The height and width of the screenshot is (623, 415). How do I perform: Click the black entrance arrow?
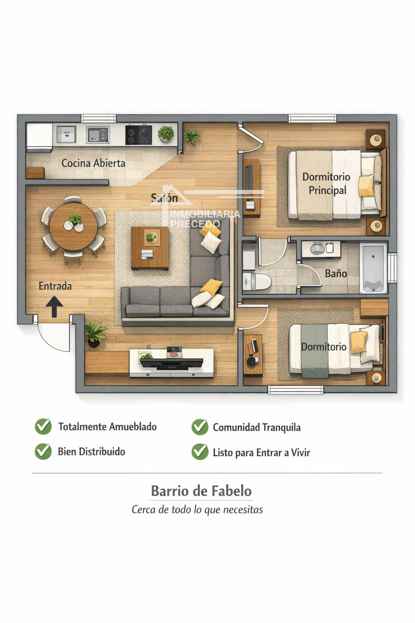tap(54, 306)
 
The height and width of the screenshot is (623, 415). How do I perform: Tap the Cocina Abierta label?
tap(93, 163)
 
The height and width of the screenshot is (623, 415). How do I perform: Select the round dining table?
tap(74, 227)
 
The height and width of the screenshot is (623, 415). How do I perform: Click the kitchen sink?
tap(67, 134)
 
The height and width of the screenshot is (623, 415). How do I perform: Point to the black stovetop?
tap(138, 135)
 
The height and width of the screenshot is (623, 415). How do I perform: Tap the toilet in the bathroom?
tap(257, 282)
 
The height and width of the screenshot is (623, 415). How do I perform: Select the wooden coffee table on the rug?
tap(150, 248)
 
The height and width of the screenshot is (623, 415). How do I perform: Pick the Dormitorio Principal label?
tap(327, 183)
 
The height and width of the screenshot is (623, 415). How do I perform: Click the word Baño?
tap(336, 274)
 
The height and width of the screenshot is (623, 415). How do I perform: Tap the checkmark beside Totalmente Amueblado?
tap(43, 426)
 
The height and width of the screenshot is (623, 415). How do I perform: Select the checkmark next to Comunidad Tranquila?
tap(200, 427)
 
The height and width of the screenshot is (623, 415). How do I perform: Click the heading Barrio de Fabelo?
tap(201, 491)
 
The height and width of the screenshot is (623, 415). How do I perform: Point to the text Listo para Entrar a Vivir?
tap(261, 452)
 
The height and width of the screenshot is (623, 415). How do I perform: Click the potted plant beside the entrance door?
tap(95, 333)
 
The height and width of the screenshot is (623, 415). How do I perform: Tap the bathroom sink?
tap(317, 248)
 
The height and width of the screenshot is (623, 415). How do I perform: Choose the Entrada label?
tap(55, 286)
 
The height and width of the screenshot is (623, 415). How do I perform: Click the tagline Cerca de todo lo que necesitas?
tap(197, 510)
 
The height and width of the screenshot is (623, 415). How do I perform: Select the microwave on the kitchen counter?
tap(98, 135)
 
